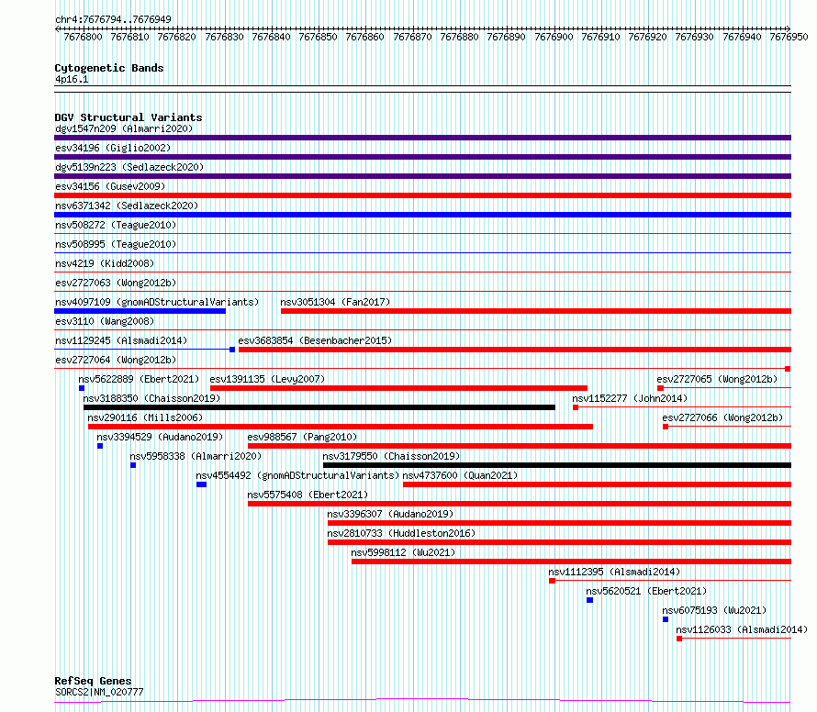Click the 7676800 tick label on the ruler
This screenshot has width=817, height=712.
point(83,37)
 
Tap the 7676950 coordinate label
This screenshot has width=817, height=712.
point(789,37)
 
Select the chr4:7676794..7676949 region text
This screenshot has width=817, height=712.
point(113,19)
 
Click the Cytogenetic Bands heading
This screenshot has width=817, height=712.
point(109,68)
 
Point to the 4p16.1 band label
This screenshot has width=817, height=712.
point(72,79)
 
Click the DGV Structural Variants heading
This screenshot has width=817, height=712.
point(129,117)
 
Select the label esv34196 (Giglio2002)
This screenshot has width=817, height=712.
point(113,148)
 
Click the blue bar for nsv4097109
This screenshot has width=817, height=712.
point(140,311)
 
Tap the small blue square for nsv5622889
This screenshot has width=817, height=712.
point(82,388)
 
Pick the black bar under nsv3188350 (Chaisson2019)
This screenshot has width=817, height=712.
point(319,407)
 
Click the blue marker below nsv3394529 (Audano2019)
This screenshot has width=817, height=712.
point(100,446)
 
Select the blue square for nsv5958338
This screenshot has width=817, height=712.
point(133,465)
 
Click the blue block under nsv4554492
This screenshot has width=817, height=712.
point(202,484)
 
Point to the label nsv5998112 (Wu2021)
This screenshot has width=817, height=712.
point(403,552)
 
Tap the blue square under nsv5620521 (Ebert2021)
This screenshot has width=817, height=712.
point(590,600)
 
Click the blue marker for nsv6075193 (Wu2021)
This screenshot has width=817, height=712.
point(666,619)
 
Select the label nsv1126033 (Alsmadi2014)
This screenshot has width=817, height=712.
point(742,629)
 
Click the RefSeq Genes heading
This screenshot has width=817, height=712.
point(93,681)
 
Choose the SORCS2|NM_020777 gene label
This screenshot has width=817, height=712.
point(99,692)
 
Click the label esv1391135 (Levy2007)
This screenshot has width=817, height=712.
point(267,379)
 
